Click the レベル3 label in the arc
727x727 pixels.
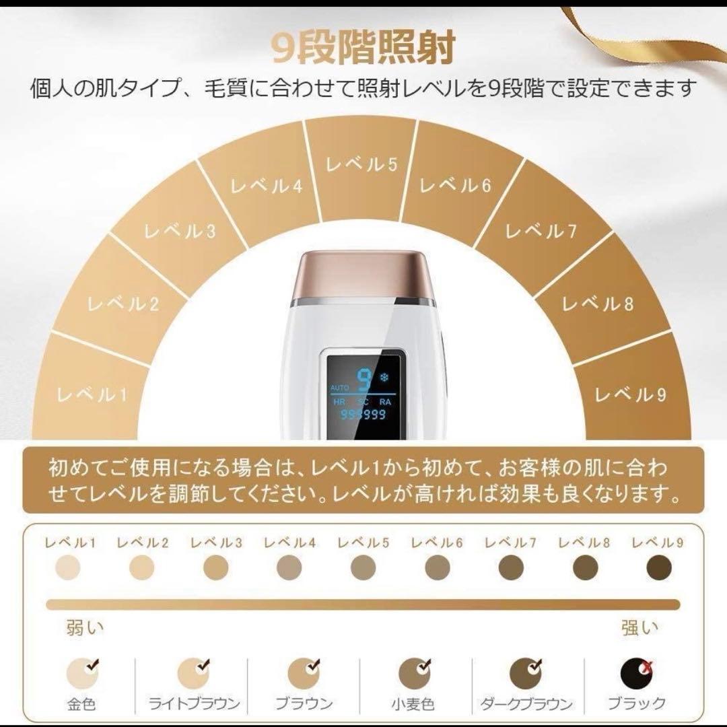pos(180,232)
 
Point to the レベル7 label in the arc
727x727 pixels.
pos(541,232)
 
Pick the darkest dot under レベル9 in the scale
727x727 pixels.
pos(659,568)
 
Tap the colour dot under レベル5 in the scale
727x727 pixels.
pos(363,568)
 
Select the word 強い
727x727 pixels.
pos(639,629)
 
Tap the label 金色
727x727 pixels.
pos(81,704)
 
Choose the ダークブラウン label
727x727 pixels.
pos(526,704)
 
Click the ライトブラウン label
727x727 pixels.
pos(195,704)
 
